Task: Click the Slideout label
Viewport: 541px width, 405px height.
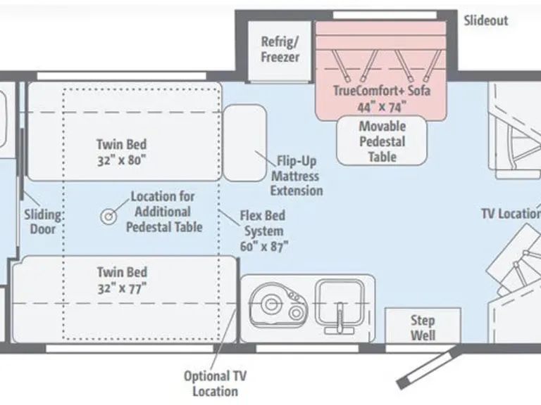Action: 485,20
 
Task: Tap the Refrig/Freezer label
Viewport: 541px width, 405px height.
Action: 280,49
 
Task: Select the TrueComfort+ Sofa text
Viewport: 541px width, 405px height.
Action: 381,91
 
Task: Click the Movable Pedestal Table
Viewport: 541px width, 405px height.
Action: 382,141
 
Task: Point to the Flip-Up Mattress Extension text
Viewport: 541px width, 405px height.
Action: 297,175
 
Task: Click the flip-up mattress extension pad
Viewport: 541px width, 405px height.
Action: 245,142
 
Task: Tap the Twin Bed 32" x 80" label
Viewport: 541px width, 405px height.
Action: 122,151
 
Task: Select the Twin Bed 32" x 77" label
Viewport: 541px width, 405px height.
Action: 122,279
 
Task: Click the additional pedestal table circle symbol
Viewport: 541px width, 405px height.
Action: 109,217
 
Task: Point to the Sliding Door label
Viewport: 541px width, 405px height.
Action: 42,221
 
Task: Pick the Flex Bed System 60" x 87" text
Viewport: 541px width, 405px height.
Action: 263,231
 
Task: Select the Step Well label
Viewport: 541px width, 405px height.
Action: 423,328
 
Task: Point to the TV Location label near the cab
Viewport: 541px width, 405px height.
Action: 510,213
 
